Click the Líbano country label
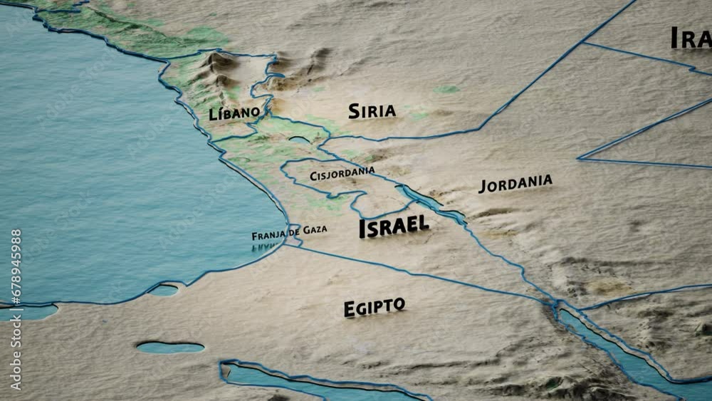click(234, 113)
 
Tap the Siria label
click(372, 110)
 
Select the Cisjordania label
click(342, 172)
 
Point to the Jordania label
click(515, 183)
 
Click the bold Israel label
click(394, 226)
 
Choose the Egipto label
click(374, 307)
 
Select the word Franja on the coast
click(268, 235)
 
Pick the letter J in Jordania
click(483, 187)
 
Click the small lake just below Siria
click(300, 140)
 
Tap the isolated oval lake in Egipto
click(170, 348)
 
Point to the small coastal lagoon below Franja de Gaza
click(164, 290)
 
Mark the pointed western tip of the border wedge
click(579, 158)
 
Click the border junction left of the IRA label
click(583, 43)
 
